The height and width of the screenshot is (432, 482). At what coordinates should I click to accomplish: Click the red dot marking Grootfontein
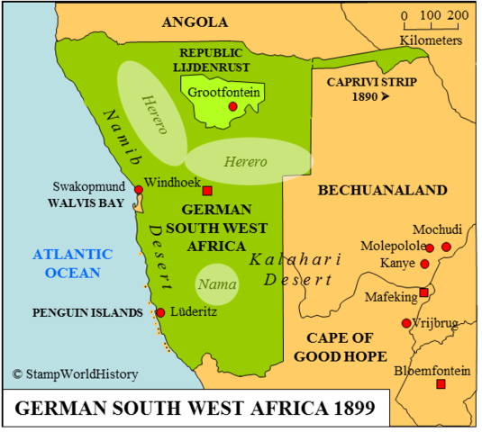[x=232, y=106]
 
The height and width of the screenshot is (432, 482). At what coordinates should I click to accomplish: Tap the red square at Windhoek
[x=207, y=191]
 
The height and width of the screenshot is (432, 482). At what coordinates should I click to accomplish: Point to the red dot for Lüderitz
[x=160, y=312]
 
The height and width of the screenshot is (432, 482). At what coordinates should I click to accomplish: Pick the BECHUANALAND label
[x=382, y=190]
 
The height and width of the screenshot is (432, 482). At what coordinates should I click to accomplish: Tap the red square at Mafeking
[x=423, y=292]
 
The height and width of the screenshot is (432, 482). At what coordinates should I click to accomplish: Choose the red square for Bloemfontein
[x=441, y=384]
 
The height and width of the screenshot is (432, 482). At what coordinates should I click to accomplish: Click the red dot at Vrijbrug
[x=406, y=323]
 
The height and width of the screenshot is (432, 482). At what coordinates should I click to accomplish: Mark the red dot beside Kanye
[x=424, y=264]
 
